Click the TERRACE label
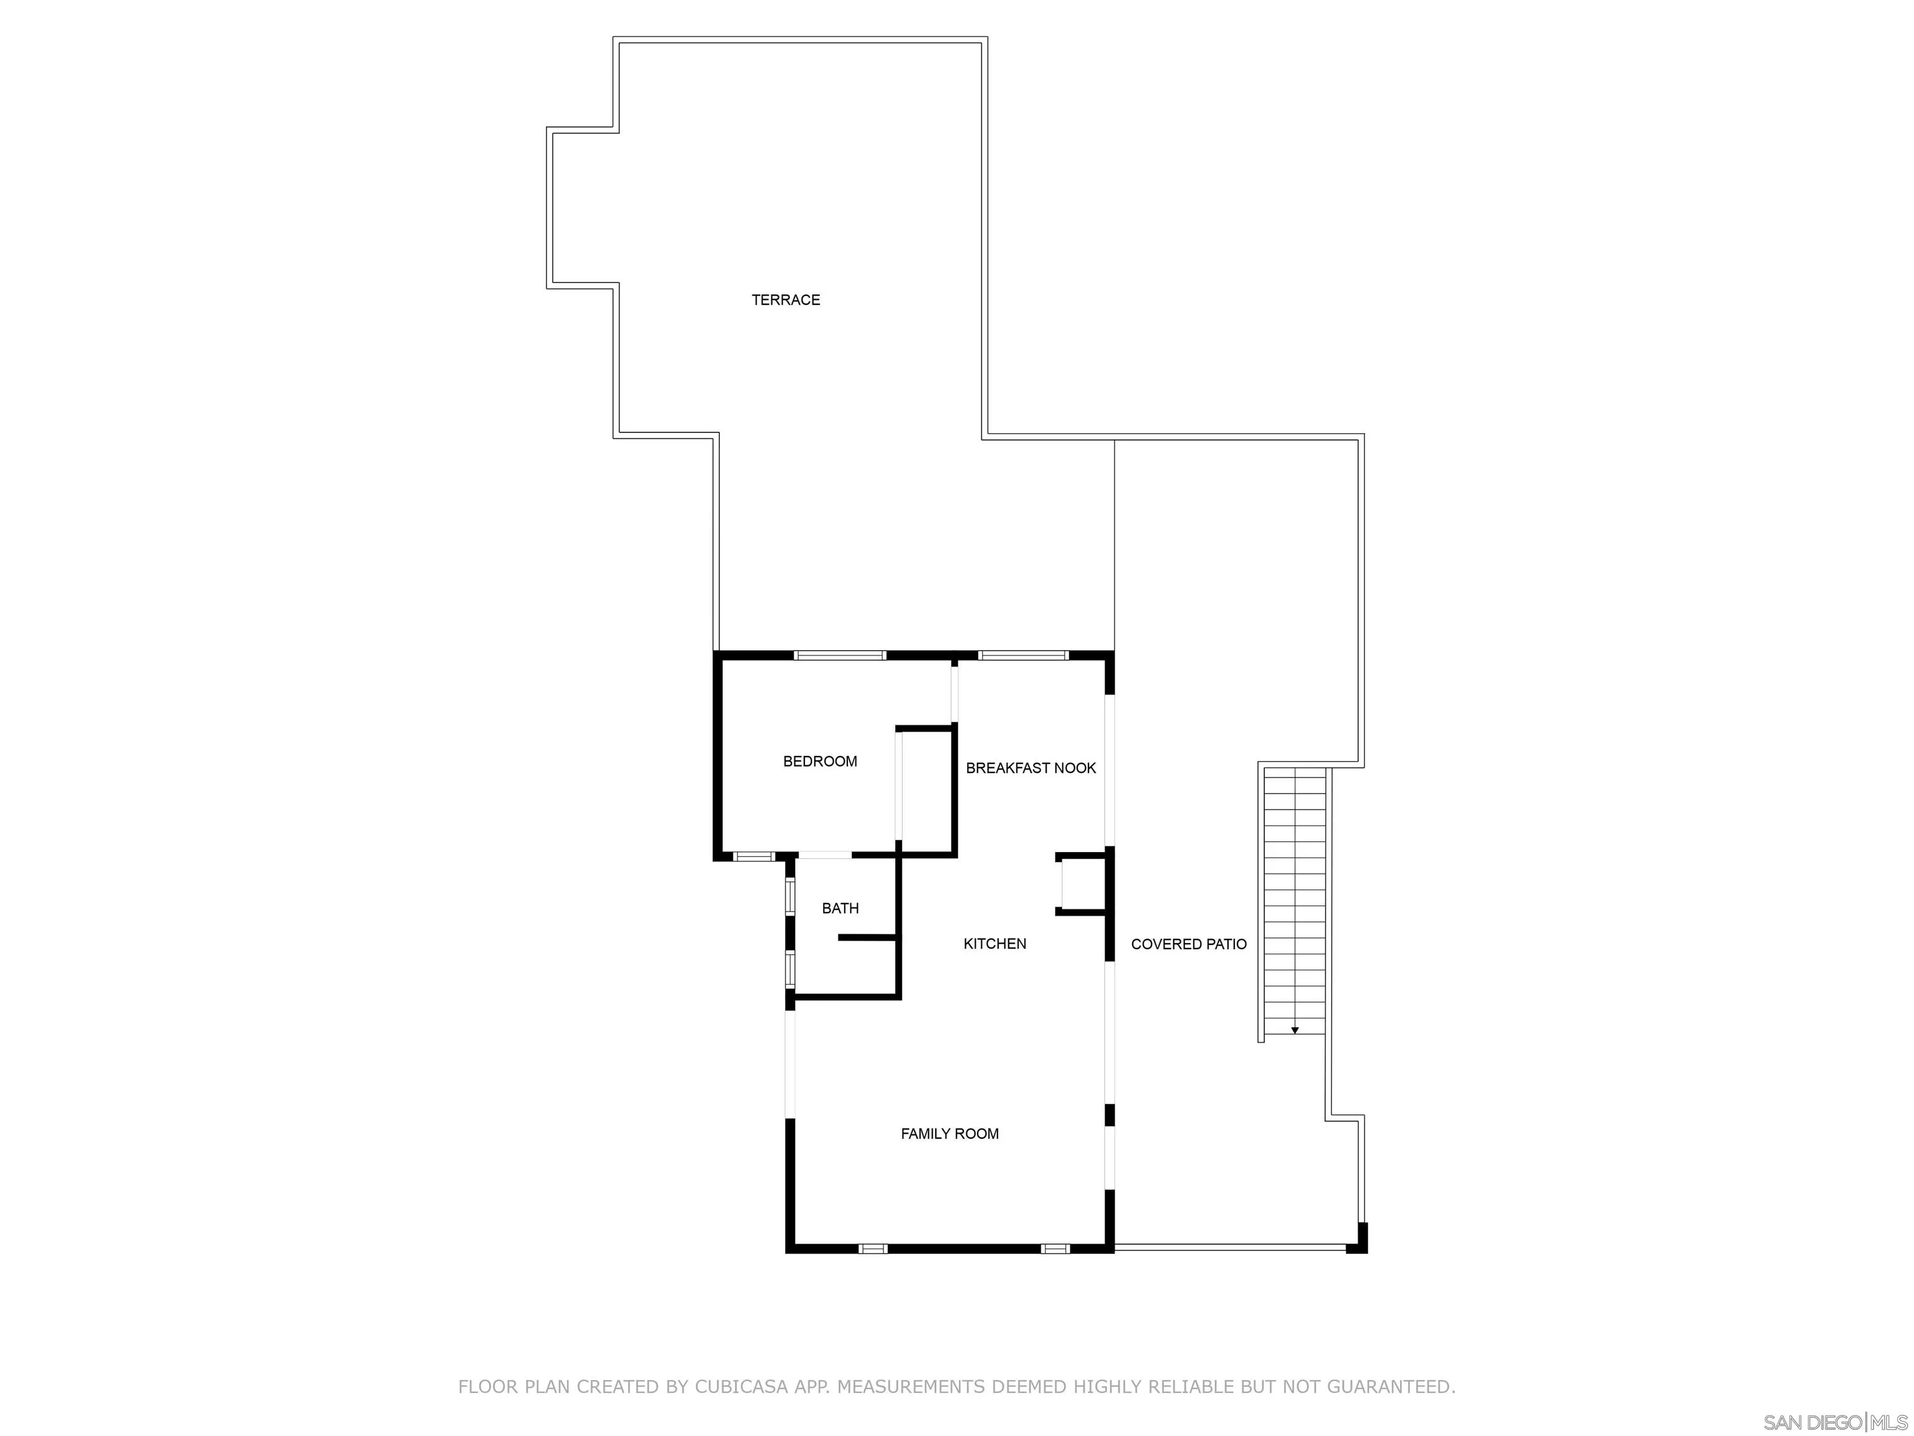(786, 300)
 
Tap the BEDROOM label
(819, 762)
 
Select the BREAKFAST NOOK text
(1031, 768)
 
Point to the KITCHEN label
(995, 944)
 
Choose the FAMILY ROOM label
(950, 1134)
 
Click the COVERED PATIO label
(1188, 944)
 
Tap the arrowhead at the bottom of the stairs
(1295, 1030)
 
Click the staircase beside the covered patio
(1295, 900)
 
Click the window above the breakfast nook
(1023, 655)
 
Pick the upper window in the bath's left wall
(790, 897)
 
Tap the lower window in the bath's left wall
(790, 969)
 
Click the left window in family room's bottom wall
(872, 1249)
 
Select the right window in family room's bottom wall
(1055, 1249)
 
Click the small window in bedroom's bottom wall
(754, 857)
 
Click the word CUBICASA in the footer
(741, 1387)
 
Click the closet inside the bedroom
(926, 790)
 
